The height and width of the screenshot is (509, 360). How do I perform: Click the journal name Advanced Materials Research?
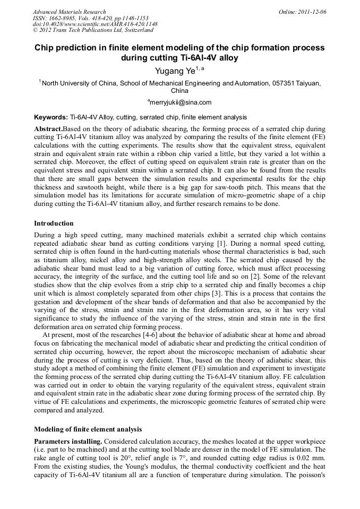pos(69,12)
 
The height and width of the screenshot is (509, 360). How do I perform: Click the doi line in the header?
pos(95,24)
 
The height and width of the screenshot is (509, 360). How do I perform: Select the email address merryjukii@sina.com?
pos(181,102)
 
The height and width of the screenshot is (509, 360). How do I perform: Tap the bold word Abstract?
pos(48,129)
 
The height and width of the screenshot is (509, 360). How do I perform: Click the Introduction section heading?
pos(54,223)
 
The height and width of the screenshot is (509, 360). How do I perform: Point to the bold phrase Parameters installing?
pos(68,442)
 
